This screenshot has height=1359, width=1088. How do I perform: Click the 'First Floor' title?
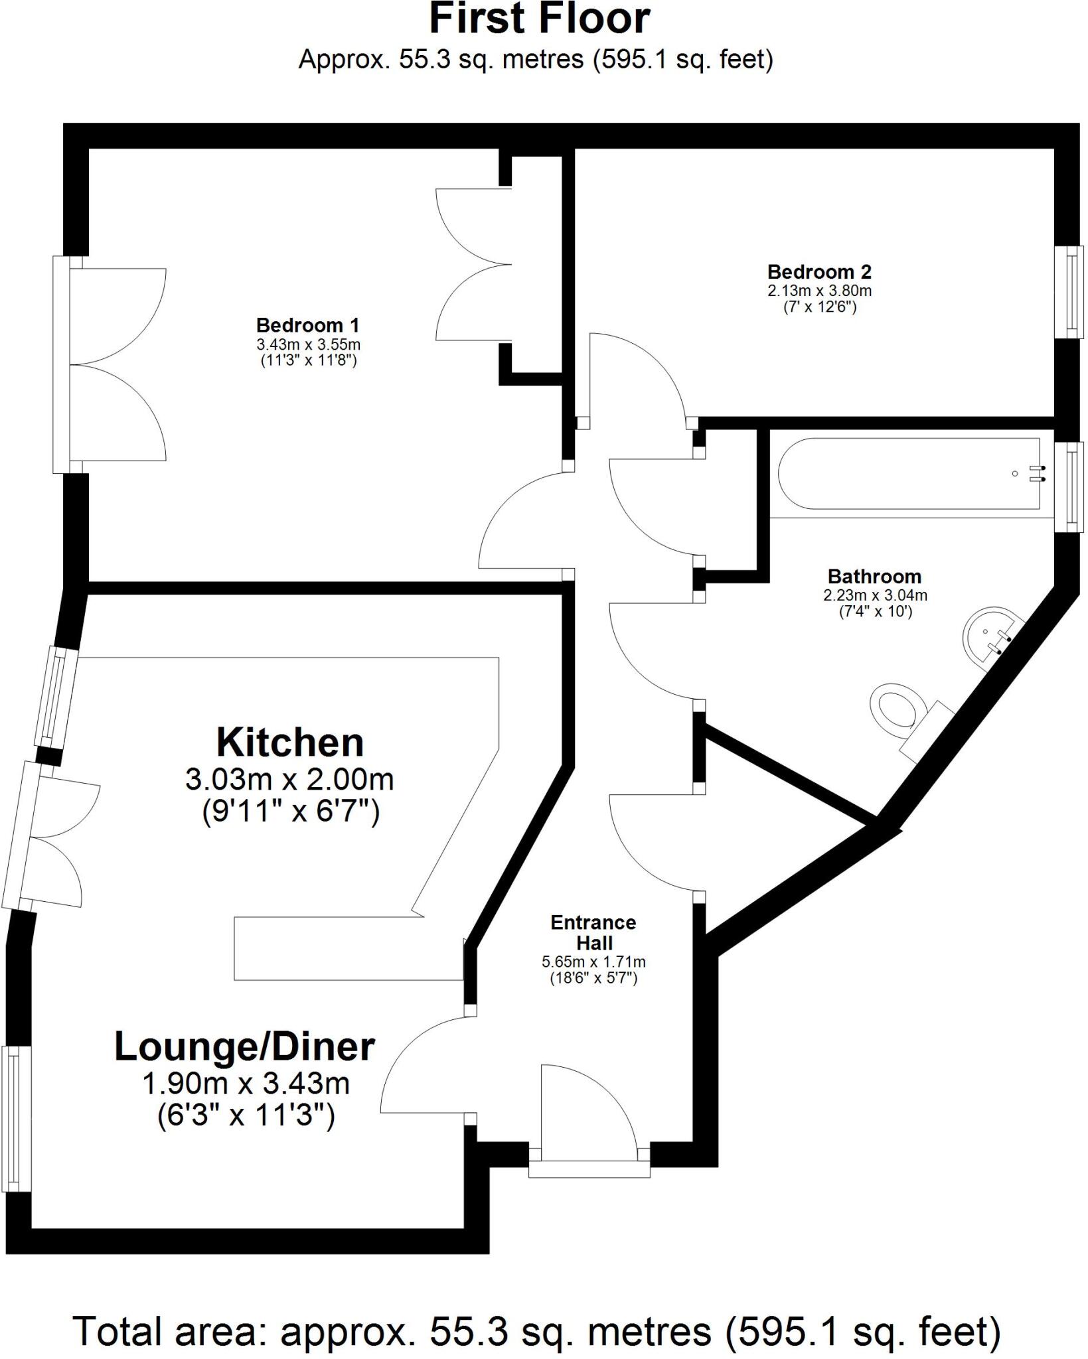pos(539,19)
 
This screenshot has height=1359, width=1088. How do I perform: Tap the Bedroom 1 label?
pos(307,326)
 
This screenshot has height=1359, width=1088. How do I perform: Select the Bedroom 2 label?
pos(819,272)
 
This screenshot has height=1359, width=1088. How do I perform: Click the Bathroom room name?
pos(874,577)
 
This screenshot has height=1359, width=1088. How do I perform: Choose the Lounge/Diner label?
pos(244,1047)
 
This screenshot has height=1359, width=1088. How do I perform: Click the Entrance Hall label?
pos(593,932)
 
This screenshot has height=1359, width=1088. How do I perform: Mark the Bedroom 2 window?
pos(1070,292)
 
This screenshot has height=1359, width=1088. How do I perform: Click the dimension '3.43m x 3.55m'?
pos(308,345)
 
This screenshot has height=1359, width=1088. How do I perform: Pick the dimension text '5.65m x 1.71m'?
pos(593,962)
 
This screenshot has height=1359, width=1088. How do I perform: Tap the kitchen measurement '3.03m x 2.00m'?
pos(289,780)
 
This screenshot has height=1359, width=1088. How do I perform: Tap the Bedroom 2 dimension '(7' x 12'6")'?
pos(819,307)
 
